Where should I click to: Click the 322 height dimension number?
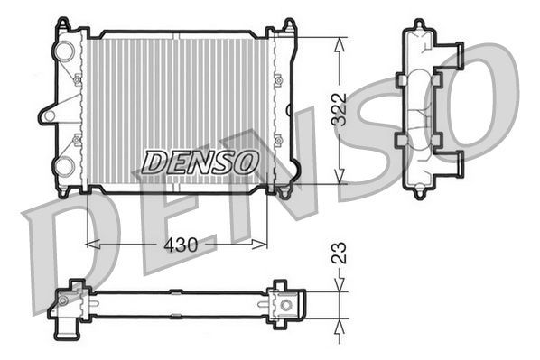click(340, 111)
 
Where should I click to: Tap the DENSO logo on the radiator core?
click(200, 162)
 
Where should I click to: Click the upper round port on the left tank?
click(64, 51)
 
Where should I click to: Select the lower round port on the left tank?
click(64, 166)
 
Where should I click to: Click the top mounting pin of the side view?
click(420, 23)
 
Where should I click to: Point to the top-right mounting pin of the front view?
click(288, 24)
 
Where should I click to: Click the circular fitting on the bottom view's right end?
click(286, 305)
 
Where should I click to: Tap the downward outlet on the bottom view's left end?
click(65, 332)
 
